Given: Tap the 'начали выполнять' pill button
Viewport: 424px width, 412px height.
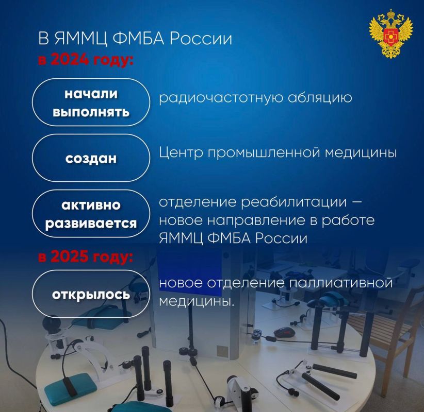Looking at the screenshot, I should [x=91, y=102].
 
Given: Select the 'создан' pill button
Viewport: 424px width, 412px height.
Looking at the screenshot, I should [x=91, y=158].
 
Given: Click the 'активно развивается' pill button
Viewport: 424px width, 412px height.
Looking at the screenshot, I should [x=91, y=214].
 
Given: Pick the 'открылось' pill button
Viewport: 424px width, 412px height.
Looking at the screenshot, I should [x=91, y=294].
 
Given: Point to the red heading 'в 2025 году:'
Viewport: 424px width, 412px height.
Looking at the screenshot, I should [x=85, y=257].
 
